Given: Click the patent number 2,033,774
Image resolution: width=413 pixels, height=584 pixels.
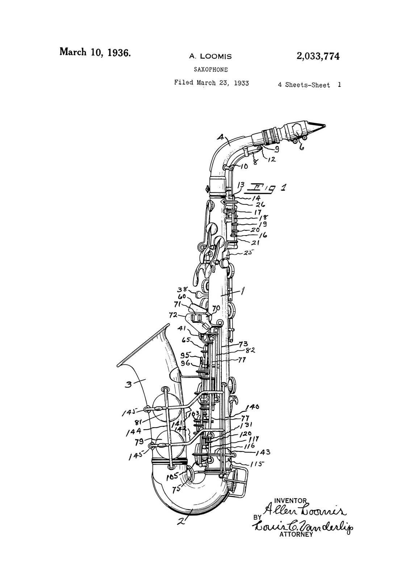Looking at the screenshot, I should [x=318, y=57].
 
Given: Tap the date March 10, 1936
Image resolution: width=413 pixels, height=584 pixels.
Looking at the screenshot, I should [x=95, y=52].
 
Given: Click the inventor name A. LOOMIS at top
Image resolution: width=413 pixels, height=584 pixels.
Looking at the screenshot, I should [x=210, y=57].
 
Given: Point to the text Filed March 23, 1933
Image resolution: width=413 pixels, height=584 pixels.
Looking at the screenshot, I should [x=211, y=83].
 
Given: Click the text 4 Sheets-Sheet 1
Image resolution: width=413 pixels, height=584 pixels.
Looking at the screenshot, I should [x=309, y=85].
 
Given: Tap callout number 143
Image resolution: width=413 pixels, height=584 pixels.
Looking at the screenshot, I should [x=263, y=452].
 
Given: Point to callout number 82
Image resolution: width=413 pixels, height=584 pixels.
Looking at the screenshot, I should [x=251, y=350].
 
